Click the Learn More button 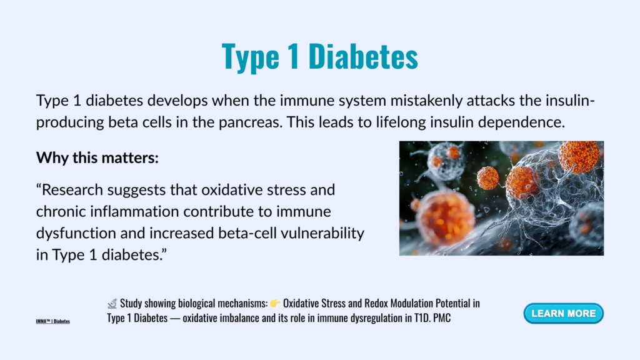(x=563, y=314)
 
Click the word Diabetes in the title (x=363, y=56)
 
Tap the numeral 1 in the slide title (x=294, y=56)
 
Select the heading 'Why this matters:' (x=97, y=157)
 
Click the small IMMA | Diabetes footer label (x=52, y=321)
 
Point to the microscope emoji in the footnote (x=112, y=303)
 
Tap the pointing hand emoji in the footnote (x=275, y=303)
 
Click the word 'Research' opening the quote (x=72, y=190)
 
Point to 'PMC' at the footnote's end (x=442, y=318)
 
